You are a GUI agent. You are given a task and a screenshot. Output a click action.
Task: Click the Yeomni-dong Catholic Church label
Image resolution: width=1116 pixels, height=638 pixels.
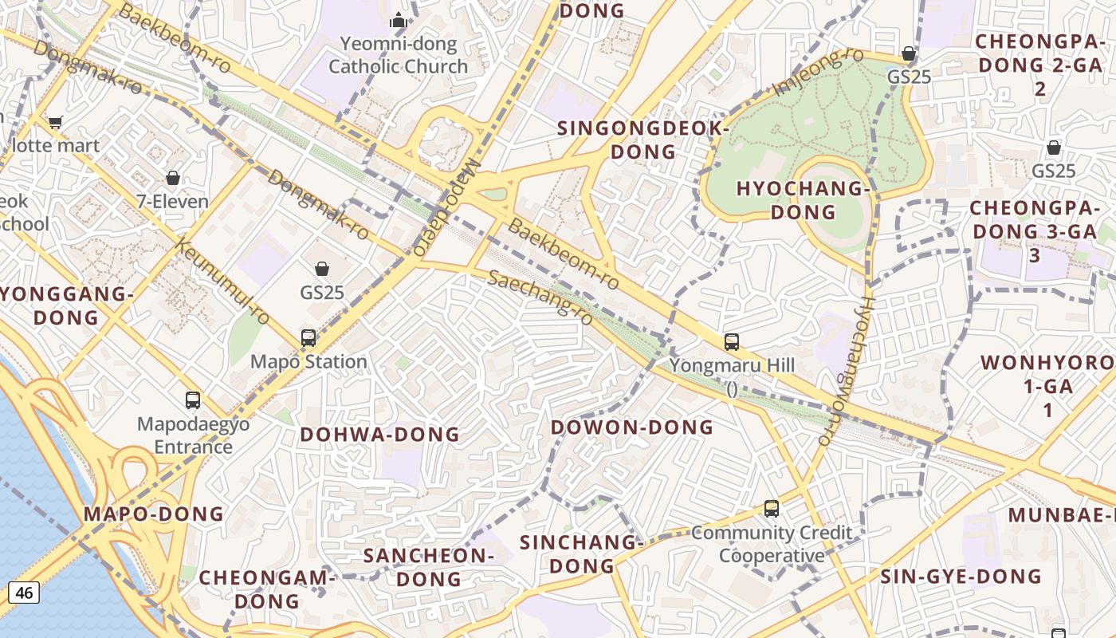click(x=398, y=55)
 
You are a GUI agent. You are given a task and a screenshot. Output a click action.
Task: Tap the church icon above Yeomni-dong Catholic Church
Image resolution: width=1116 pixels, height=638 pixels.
click(x=398, y=20)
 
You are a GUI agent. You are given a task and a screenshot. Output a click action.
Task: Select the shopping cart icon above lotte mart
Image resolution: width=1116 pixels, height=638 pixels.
click(x=55, y=122)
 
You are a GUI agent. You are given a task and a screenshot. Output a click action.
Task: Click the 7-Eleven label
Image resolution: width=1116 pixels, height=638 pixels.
click(x=172, y=201)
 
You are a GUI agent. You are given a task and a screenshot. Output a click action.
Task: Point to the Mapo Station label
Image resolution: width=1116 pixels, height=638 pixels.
click(x=308, y=361)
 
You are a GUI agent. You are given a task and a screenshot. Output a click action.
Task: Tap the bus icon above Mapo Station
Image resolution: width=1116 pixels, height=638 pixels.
click(x=308, y=337)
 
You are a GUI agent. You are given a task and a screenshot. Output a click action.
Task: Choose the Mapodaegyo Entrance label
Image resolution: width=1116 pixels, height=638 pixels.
click(x=193, y=435)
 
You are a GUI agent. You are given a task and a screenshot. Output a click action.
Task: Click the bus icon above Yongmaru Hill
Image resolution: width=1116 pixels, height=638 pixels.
click(x=731, y=342)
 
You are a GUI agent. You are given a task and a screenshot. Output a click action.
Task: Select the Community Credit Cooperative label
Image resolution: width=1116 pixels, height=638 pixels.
click(x=772, y=544)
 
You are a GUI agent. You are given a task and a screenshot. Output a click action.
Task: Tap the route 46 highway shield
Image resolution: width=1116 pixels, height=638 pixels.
click(x=24, y=592)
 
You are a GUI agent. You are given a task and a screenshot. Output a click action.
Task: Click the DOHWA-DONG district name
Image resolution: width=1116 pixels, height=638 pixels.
click(x=379, y=435)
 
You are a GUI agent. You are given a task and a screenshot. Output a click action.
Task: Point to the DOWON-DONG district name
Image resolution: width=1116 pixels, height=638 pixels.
click(x=632, y=427)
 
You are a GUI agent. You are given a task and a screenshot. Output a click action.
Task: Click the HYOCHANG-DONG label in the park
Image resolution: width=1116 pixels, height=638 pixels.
click(x=803, y=200)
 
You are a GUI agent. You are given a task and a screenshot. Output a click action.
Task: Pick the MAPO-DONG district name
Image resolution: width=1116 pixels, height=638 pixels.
click(x=154, y=514)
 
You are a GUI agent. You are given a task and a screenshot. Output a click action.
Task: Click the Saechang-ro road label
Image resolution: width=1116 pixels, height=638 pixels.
click(x=540, y=297)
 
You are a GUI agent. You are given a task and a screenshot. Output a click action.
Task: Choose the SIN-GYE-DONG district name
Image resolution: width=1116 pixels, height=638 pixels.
click(x=961, y=576)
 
